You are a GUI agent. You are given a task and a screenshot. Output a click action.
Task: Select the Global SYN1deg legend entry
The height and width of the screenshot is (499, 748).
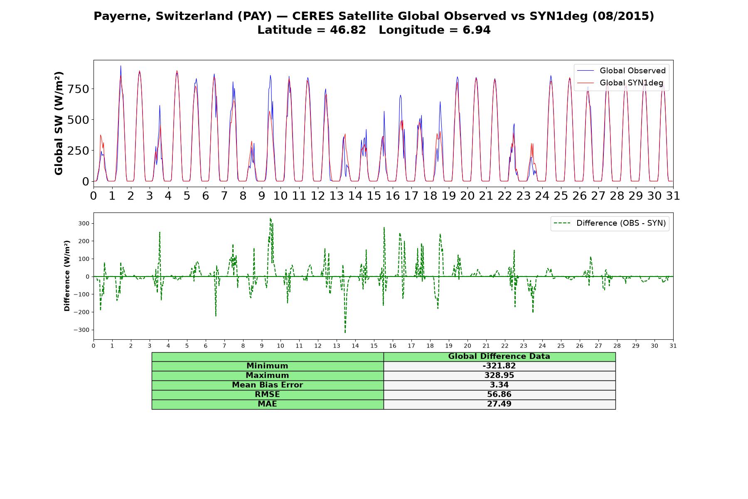(620, 83)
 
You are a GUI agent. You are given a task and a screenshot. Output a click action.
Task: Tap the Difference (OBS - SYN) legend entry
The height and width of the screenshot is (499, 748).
(610, 223)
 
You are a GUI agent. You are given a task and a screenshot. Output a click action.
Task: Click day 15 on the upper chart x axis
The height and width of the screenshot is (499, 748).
(374, 196)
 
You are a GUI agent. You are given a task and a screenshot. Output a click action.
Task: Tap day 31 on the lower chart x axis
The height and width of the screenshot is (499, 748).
(673, 346)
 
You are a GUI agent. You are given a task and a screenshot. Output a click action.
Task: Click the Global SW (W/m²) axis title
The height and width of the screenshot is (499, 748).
(59, 124)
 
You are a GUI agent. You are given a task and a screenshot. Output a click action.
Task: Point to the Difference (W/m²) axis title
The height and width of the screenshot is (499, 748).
(67, 276)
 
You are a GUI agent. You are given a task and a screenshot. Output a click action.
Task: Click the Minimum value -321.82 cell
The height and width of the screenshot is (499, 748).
(499, 366)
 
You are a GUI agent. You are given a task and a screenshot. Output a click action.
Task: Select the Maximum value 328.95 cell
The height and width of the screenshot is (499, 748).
(499, 375)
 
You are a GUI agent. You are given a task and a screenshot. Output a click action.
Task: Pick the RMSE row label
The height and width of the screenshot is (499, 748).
(268, 395)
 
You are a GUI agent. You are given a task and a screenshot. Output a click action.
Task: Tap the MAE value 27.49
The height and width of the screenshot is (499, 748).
(499, 404)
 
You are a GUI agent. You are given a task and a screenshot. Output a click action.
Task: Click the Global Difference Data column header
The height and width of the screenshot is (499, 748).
(499, 356)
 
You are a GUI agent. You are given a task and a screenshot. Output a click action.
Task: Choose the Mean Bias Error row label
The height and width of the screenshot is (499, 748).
(268, 385)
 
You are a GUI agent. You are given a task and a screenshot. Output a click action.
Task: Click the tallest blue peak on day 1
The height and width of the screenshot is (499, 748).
(121, 66)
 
